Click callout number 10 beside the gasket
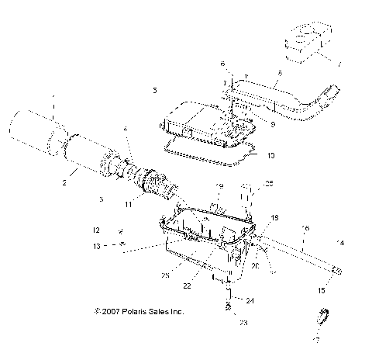pos(271,154)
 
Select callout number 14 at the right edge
pos(339,243)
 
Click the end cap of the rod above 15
pos(338,270)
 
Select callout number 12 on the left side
pos(97,230)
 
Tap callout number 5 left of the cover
pos(155,91)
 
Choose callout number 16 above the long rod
pos(305,227)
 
